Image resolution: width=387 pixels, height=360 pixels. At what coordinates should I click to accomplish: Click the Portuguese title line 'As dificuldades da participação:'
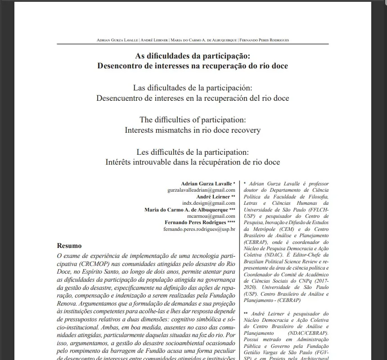coord(193,56)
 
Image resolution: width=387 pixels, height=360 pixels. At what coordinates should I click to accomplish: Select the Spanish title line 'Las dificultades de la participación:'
coord(193,88)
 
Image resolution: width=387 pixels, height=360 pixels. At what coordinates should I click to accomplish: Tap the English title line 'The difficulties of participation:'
coord(193,120)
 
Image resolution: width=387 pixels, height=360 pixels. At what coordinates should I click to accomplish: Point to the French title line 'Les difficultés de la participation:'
coord(193,152)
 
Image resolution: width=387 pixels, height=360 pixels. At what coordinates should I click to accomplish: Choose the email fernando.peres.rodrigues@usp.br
coord(199,229)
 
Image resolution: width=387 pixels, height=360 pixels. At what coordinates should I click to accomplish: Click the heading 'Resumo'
coord(69,246)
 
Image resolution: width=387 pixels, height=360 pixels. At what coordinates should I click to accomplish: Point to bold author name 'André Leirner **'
coord(216,197)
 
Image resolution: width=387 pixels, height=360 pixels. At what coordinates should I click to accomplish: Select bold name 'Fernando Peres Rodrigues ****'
coord(200,223)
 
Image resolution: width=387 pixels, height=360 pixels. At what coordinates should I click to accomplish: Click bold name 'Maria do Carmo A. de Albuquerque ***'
coord(190,210)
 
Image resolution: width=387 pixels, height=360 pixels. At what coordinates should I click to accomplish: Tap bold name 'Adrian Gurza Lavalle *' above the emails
coord(208,184)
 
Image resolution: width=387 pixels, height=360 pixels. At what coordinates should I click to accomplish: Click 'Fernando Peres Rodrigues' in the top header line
coord(265,40)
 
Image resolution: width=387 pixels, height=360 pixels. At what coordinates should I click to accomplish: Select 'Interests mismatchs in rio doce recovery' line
coord(193,130)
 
